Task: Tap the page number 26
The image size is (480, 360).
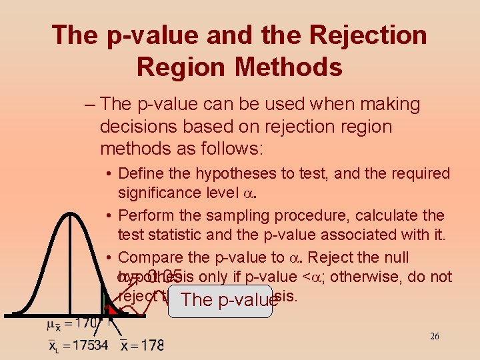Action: point(435,336)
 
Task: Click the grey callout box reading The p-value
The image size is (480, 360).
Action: point(220,301)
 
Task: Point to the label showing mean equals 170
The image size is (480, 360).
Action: point(73,325)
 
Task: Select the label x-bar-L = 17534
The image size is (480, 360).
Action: point(78,345)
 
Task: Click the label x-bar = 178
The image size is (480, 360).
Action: point(142,345)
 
